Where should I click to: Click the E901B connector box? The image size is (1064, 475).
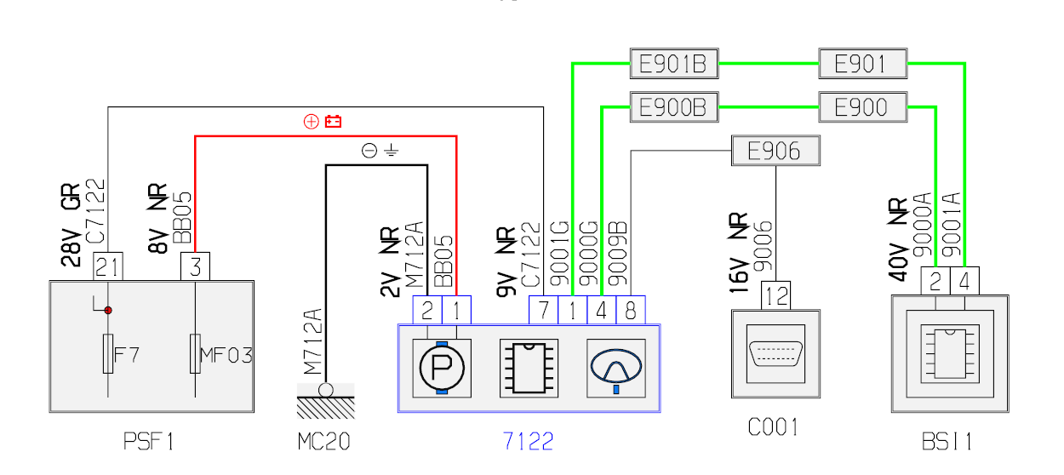(673, 63)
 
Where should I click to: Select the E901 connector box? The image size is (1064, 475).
(862, 63)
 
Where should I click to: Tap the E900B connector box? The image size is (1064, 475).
(673, 106)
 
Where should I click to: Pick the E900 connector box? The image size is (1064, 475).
(862, 106)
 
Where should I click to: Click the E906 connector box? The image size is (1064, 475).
(776, 151)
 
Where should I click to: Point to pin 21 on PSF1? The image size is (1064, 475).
(108, 267)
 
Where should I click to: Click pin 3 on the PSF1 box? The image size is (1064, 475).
(195, 267)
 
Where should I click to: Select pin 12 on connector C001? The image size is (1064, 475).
(776, 295)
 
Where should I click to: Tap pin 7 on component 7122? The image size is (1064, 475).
(544, 310)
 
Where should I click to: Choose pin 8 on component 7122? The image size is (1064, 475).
(631, 310)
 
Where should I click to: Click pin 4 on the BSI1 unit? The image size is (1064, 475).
(965, 281)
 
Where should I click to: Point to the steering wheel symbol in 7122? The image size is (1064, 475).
(615, 366)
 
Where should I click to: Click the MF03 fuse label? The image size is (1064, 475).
(226, 354)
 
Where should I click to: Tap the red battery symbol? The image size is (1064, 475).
(333, 122)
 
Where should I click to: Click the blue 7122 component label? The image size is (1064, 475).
(528, 441)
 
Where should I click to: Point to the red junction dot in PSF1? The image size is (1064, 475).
(108, 310)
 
